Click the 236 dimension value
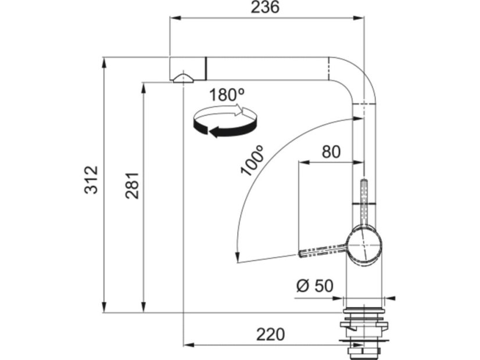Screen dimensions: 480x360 tap(265, 7)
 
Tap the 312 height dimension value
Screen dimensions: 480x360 tap(91, 180)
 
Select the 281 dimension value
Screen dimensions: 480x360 tap(132, 186)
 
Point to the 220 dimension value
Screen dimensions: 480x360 tap(270, 334)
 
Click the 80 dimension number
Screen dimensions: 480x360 tap(331, 152)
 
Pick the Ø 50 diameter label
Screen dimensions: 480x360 tap(315, 286)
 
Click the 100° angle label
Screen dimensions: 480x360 tap(252, 161)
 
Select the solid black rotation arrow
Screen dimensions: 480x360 tap(225, 128)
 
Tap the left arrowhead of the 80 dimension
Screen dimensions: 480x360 tap(304, 163)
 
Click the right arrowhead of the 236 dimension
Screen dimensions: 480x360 tap(359, 18)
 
